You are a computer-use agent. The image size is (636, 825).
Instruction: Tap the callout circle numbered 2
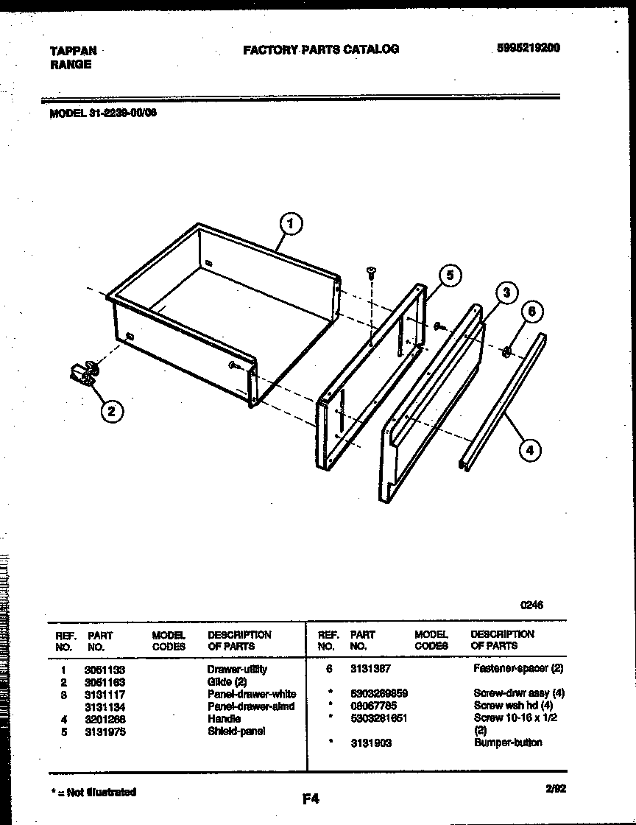click(111, 412)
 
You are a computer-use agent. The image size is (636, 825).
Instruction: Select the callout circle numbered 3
click(505, 292)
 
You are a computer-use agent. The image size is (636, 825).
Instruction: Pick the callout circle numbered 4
click(529, 449)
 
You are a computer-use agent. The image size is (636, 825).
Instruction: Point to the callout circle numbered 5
click(450, 275)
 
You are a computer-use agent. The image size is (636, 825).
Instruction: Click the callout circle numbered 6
click(533, 312)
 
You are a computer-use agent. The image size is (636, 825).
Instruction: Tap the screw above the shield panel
click(371, 274)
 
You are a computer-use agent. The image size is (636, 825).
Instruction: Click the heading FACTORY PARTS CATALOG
click(321, 49)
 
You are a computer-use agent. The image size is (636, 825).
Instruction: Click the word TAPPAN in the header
click(72, 51)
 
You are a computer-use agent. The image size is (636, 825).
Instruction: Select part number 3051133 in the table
click(105, 670)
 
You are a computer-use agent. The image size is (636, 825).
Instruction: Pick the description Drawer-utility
click(237, 670)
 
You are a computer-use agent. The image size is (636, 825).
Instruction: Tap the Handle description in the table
click(224, 719)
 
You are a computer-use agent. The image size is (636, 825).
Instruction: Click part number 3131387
click(370, 669)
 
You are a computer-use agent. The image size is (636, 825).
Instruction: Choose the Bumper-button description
click(508, 742)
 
